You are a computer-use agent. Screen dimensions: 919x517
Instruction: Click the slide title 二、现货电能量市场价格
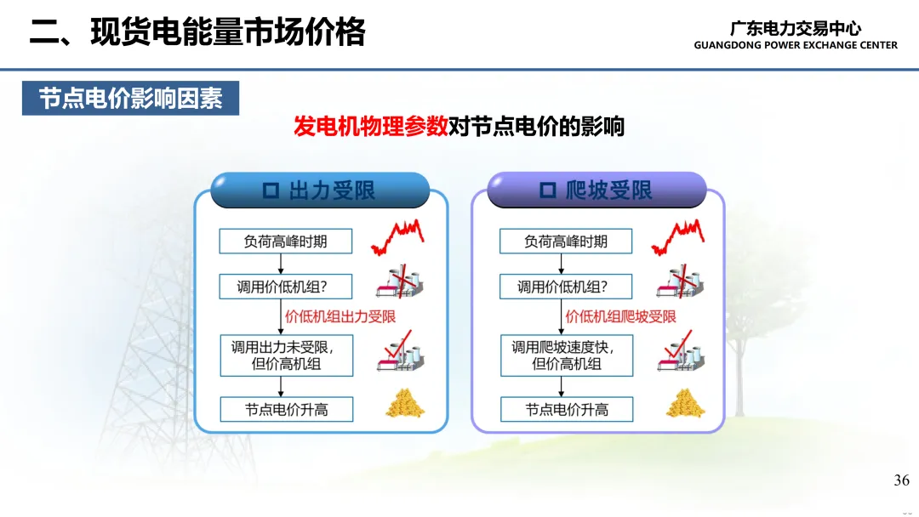tap(197, 31)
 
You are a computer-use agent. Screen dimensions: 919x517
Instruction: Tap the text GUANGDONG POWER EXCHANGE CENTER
tap(796, 45)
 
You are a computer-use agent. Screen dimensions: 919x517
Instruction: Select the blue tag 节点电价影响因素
tap(131, 99)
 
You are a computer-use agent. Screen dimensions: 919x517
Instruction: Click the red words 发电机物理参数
tap(370, 127)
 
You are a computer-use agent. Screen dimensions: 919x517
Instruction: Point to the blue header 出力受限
tap(320, 190)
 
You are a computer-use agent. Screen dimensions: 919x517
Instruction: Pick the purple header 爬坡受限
tap(596, 190)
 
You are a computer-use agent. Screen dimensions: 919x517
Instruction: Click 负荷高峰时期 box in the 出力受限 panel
tap(285, 241)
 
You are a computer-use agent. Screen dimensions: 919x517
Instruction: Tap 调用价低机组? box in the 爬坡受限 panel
tap(566, 287)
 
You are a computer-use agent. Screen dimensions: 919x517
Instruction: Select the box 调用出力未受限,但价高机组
tap(287, 355)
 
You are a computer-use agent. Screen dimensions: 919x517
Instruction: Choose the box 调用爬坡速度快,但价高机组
tap(567, 355)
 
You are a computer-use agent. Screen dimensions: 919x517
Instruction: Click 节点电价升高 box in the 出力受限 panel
tap(287, 409)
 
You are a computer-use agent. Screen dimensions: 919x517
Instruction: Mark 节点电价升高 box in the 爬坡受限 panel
tap(567, 409)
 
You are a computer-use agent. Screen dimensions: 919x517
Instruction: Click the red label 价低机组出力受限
tap(340, 317)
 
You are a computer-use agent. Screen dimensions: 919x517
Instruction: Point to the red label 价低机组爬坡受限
tap(620, 317)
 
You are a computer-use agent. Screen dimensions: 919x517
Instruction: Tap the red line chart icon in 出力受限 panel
tap(397, 237)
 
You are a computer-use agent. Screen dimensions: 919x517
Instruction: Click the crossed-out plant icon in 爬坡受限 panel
tap(680, 281)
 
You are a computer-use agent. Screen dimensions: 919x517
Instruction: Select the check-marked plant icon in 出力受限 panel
tap(400, 350)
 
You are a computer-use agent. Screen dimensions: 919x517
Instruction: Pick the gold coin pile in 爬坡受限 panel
tap(685, 403)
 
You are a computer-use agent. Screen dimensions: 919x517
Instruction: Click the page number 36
tap(901, 480)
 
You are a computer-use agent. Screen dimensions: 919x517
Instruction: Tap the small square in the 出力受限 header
tap(271, 190)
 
